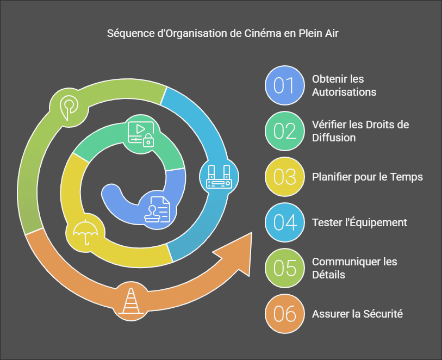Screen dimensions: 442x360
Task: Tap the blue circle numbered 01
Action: [285, 85]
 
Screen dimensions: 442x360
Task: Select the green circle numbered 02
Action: [285, 131]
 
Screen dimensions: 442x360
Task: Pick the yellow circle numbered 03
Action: [285, 177]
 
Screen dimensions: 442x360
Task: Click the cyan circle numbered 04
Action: [285, 222]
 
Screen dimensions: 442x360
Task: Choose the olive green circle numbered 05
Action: [285, 268]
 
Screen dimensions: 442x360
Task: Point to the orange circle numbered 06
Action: [285, 314]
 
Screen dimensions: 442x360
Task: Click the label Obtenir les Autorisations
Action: [344, 85]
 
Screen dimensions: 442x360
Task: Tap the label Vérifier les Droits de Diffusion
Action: [360, 131]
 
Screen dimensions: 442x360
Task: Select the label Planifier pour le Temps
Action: [368, 177]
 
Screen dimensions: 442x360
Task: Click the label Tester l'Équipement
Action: [359, 222]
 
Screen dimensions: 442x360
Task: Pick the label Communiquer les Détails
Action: [354, 268]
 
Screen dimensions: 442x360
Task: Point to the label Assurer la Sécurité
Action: [357, 314]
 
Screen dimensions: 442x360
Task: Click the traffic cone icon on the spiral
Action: [131, 301]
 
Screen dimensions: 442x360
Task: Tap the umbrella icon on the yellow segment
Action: [85, 232]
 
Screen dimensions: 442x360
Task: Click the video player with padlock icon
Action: [141, 134]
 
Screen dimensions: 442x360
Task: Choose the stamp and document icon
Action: [157, 209]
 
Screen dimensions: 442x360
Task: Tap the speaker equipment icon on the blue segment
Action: [219, 177]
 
